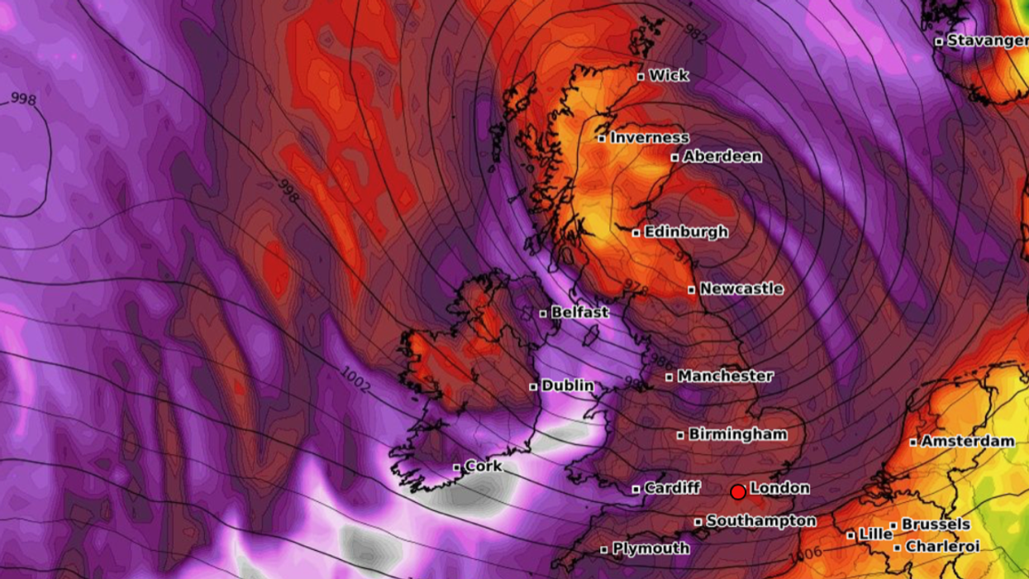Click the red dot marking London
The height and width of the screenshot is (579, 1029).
pyautogui.click(x=738, y=492)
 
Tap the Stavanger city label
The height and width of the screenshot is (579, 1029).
pyautogui.click(x=987, y=41)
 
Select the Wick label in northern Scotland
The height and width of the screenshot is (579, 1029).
pyautogui.click(x=669, y=76)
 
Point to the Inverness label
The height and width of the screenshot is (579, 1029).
pyautogui.click(x=649, y=138)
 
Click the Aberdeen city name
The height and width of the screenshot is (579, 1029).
pyautogui.click(x=722, y=156)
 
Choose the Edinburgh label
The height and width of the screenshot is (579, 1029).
pyautogui.click(x=686, y=232)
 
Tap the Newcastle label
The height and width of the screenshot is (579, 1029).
pyautogui.click(x=741, y=289)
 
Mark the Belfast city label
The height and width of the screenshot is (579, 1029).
pyautogui.click(x=579, y=313)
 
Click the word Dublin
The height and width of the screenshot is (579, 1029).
pyautogui.click(x=568, y=385)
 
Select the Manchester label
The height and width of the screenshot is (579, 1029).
pyautogui.click(x=725, y=376)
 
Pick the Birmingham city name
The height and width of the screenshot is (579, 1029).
pyautogui.click(x=737, y=434)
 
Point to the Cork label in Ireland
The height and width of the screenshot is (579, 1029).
pyautogui.click(x=484, y=467)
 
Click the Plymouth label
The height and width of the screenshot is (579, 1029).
pyautogui.click(x=650, y=548)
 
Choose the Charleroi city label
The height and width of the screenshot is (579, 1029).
pyautogui.click(x=942, y=547)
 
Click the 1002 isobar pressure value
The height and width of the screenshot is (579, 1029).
pyautogui.click(x=355, y=378)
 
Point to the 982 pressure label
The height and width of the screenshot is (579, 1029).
pyautogui.click(x=695, y=31)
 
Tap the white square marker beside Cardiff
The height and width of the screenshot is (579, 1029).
pyautogui.click(x=636, y=489)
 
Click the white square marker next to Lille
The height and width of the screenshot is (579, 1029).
pyautogui.click(x=850, y=535)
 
